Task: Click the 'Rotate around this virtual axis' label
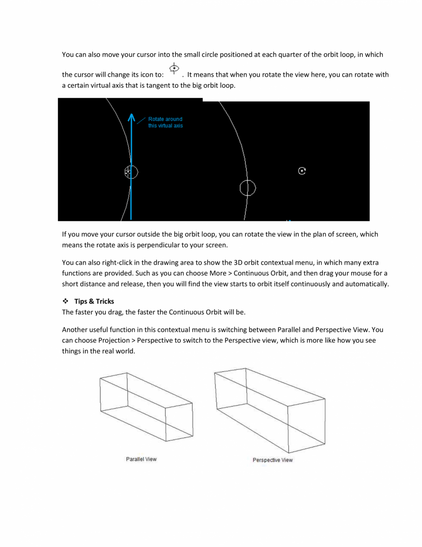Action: pyautogui.click(x=165, y=122)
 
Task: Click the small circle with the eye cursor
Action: pyautogui.click(x=131, y=172)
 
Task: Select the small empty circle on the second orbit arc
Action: pyautogui.click(x=248, y=188)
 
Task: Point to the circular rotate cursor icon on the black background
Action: pyautogui.click(x=302, y=171)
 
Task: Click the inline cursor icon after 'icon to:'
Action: pyautogui.click(x=174, y=69)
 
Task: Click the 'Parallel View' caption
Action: pyautogui.click(x=141, y=459)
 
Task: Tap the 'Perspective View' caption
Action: pyautogui.click(x=272, y=460)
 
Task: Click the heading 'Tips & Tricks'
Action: pyautogui.click(x=94, y=302)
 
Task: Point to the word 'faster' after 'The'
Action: pyautogui.click(x=85, y=313)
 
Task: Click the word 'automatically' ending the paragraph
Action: pyautogui.click(x=366, y=284)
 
